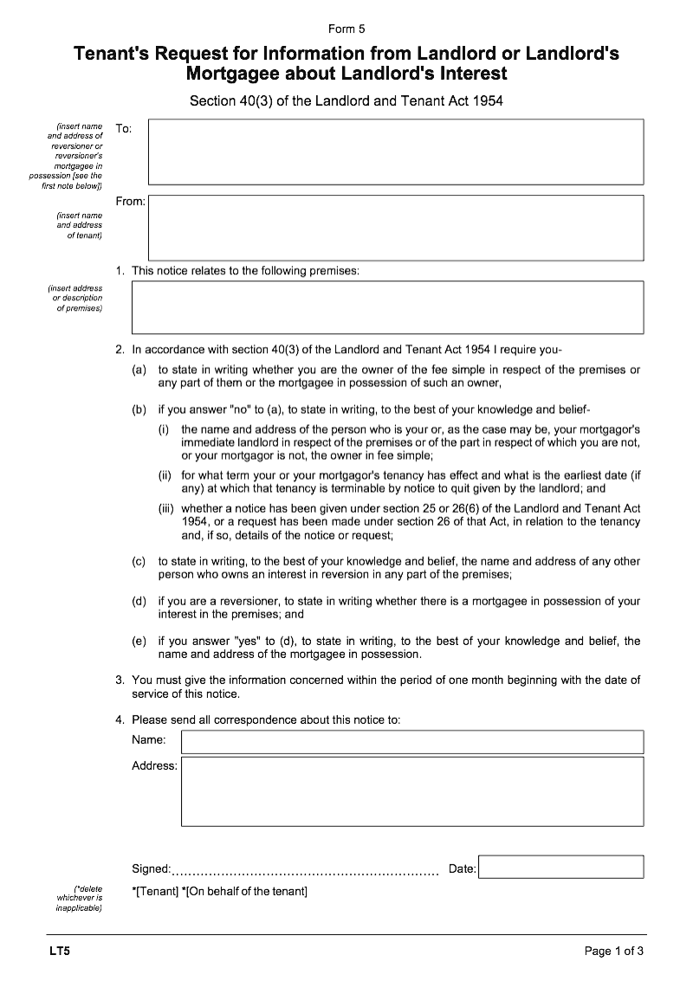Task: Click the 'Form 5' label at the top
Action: point(346,29)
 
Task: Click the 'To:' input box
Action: point(396,152)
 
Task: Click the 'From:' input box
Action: point(396,228)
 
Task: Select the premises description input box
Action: point(387,307)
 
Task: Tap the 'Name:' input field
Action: point(411,742)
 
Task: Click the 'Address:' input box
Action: point(411,791)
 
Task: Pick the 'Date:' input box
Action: point(560,868)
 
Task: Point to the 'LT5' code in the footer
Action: point(60,952)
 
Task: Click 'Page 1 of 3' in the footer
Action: point(613,952)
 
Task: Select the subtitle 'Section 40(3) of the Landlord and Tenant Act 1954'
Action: point(346,101)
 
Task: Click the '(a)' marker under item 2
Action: point(139,370)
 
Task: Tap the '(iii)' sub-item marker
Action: point(166,508)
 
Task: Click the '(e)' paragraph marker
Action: point(139,642)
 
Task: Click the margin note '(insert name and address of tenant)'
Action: point(80,224)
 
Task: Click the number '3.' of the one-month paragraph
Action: point(120,680)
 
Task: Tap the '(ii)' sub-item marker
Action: point(165,475)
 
